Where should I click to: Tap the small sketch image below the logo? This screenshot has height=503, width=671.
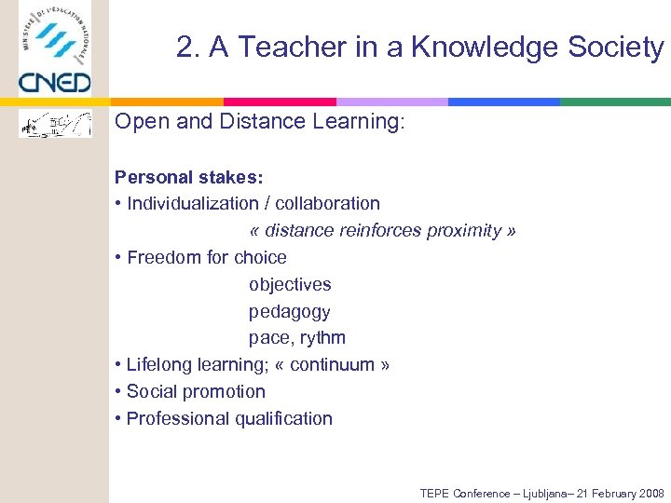coord(56,123)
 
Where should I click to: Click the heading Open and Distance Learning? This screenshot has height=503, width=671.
coord(260,122)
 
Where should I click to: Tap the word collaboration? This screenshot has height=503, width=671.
coord(327,203)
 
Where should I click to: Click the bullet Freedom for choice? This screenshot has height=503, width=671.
coord(206,257)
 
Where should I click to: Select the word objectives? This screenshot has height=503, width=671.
coord(290,284)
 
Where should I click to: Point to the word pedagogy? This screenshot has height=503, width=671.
coord(289,311)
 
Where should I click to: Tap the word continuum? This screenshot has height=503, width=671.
coord(333,364)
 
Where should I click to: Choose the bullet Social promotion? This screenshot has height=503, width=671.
coord(196,391)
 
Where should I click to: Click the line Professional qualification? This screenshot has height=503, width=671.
coord(229,418)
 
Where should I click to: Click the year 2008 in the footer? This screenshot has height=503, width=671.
coord(650,494)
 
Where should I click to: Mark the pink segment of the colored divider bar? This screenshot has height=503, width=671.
coord(280,102)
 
